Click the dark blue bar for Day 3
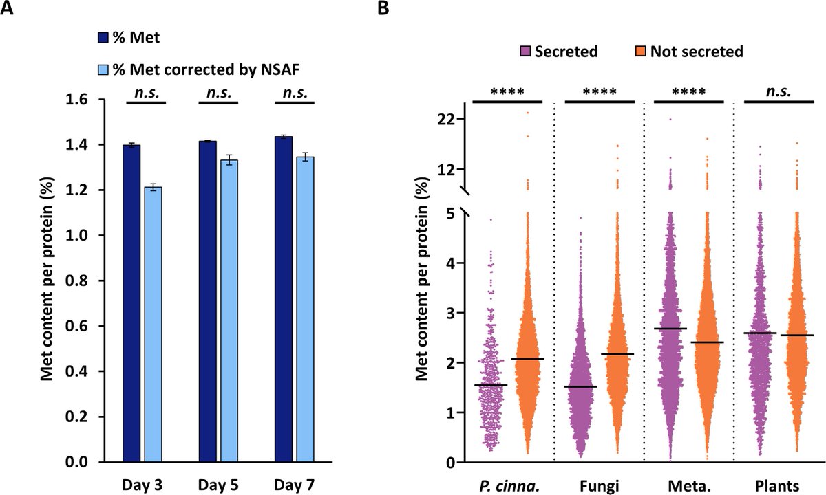[x=131, y=302]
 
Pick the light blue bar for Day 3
[x=153, y=324]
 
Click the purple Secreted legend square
[x=526, y=52]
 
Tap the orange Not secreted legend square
[x=639, y=52]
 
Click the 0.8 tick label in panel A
[x=96, y=280]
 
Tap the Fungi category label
[x=597, y=486]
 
